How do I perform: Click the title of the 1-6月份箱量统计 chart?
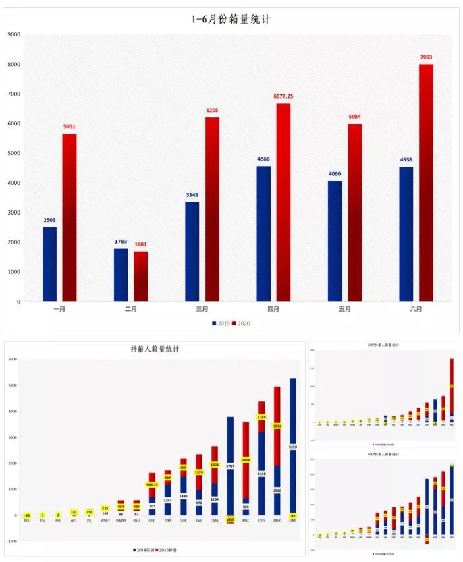pyautogui.click(x=231, y=20)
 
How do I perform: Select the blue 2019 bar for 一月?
pyautogui.click(x=49, y=264)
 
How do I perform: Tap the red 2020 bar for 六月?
pyautogui.click(x=426, y=182)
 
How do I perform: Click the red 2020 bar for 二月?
pyautogui.click(x=140, y=276)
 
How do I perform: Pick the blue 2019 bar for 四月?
pyautogui.click(x=263, y=233)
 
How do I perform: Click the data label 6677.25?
pyautogui.click(x=283, y=96)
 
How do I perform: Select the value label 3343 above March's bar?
pyautogui.click(x=192, y=195)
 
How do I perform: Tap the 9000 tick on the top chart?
pyautogui.click(x=13, y=34)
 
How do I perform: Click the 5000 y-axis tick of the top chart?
pyautogui.click(x=13, y=153)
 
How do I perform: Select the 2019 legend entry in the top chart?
pyautogui.click(x=221, y=323)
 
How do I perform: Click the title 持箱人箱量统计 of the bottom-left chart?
pyautogui.click(x=155, y=349)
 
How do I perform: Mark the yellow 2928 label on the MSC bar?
pyautogui.click(x=246, y=460)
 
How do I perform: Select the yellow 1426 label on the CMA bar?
pyautogui.click(x=215, y=465)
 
